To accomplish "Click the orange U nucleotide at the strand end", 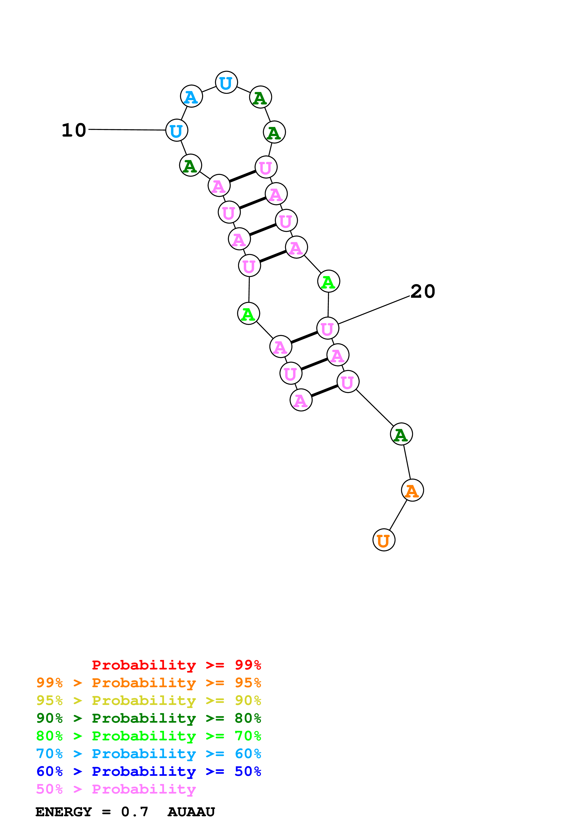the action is pos(383,540).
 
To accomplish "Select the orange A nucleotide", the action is pos(412,490).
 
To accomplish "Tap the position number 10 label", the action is pos(74,130).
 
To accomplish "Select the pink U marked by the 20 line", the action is pos(327,328).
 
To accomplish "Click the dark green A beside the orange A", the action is pos(401,434).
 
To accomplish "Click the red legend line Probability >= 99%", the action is pos(176,665).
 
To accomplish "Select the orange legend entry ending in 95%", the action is pos(148,683).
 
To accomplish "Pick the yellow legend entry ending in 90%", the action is pos(148,700).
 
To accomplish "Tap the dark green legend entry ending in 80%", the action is pos(148,718).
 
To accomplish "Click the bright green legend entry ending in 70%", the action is pos(148,736).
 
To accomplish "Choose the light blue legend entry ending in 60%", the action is pos(148,754).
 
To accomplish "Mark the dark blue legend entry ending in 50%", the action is pos(148,771).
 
